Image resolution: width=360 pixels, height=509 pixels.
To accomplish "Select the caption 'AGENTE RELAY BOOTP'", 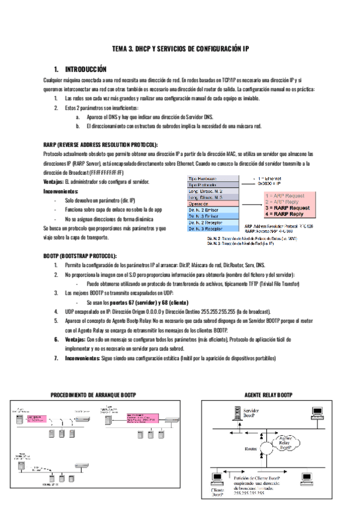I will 269,395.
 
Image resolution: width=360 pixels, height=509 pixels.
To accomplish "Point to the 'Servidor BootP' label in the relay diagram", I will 253,412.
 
